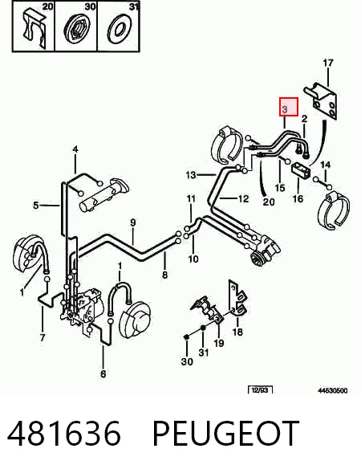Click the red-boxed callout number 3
coord(285,108)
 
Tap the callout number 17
coord(328,63)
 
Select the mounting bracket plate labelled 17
coord(321,100)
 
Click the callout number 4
coord(75,149)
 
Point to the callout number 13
coord(191,175)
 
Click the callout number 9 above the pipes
coord(133,222)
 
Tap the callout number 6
coord(103,374)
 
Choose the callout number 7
coord(43,337)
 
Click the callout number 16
coord(298,199)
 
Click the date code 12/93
coord(260,390)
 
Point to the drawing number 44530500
coord(333,390)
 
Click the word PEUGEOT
coord(226,433)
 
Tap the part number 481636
coord(64,433)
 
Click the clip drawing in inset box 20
coord(34,29)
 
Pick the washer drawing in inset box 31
coord(119,29)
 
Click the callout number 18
coord(237,332)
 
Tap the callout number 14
coord(325,165)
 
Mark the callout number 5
coord(36,206)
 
